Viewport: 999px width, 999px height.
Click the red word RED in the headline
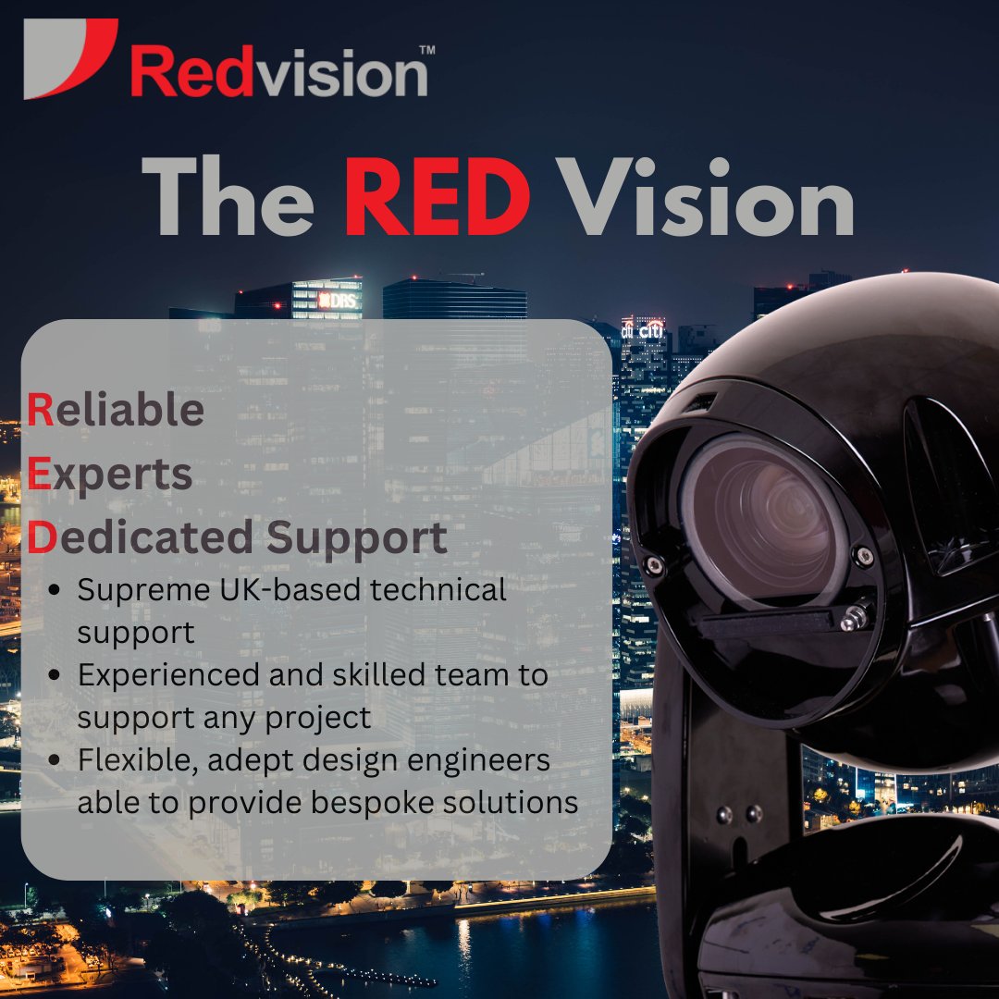tap(437, 198)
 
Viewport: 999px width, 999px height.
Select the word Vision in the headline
tap(709, 198)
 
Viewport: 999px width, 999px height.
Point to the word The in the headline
tap(228, 198)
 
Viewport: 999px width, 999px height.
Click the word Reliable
tap(116, 410)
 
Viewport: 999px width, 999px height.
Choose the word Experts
tap(110, 475)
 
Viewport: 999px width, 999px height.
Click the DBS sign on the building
tap(337, 300)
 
